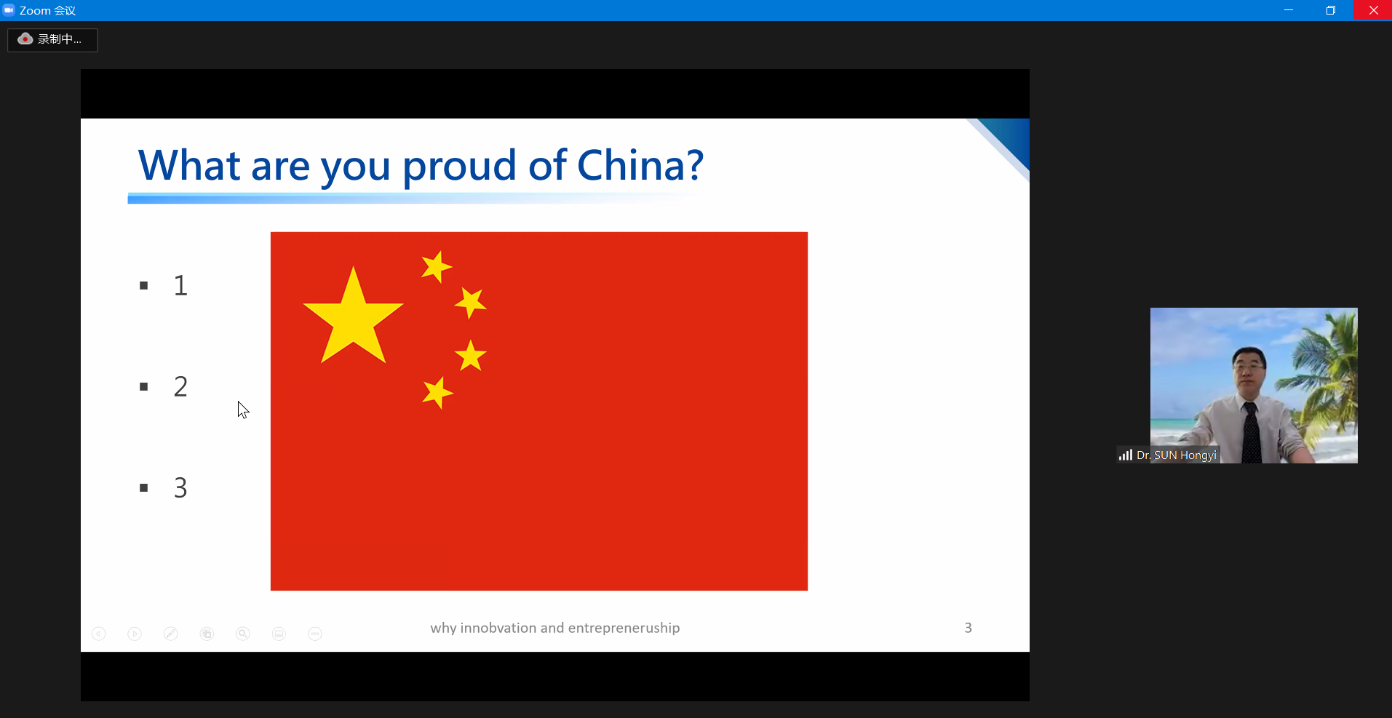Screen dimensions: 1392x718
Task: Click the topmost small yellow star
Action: pos(437,267)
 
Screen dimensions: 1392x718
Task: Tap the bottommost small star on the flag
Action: pos(437,393)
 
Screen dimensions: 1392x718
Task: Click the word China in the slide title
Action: pos(640,165)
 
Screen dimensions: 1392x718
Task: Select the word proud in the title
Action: pos(460,167)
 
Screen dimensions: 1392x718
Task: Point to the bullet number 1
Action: pos(180,285)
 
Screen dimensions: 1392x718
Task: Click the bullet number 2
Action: pos(180,386)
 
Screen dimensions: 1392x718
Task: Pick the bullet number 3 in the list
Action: pos(180,487)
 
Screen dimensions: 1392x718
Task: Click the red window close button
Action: pos(1373,10)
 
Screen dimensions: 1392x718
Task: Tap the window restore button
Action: pos(1331,10)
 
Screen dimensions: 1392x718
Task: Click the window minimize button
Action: pos(1289,10)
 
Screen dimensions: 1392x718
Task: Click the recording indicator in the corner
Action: pos(52,39)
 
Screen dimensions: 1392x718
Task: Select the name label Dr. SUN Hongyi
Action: pos(1176,455)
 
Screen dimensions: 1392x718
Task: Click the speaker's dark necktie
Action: pos(1251,433)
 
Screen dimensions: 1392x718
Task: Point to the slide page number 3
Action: pos(968,628)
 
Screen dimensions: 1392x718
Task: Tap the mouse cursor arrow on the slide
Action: pos(242,410)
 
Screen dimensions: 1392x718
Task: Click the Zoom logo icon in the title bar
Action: pos(9,10)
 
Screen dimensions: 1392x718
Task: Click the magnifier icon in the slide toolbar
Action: pos(243,634)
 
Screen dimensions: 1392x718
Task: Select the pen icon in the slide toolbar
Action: pos(171,634)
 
